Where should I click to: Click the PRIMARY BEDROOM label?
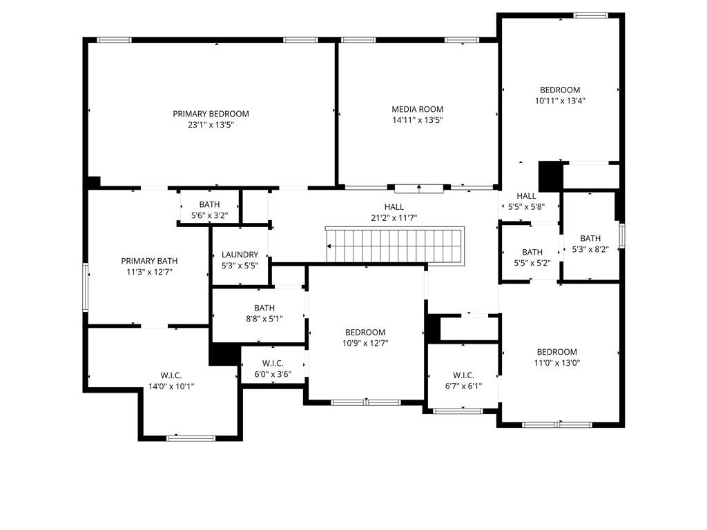[x=211, y=114]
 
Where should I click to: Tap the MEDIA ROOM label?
[x=417, y=109]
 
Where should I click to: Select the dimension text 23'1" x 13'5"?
[x=211, y=125]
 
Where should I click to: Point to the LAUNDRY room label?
[x=240, y=255]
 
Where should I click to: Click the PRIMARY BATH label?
[x=149, y=261]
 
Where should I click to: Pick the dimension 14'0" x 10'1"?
[x=171, y=386]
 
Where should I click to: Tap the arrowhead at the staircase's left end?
[x=329, y=246]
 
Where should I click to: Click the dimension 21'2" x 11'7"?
[x=394, y=218]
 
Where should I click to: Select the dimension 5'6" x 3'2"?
[x=209, y=215]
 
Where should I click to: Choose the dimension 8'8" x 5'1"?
[x=264, y=319]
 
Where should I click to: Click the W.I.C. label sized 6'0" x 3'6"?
[x=273, y=363]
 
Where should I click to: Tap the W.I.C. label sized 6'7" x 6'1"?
[x=463, y=375]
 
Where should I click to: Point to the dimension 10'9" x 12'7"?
[x=365, y=343]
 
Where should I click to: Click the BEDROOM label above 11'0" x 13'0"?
[x=557, y=352]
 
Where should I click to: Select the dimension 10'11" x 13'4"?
[x=560, y=101]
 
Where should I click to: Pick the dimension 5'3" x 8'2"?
[x=590, y=249]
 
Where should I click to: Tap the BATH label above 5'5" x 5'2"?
[x=532, y=253]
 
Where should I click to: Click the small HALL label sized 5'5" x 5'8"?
[x=526, y=196]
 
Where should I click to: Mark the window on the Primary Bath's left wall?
[x=85, y=288]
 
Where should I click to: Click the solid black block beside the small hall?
[x=550, y=176]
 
